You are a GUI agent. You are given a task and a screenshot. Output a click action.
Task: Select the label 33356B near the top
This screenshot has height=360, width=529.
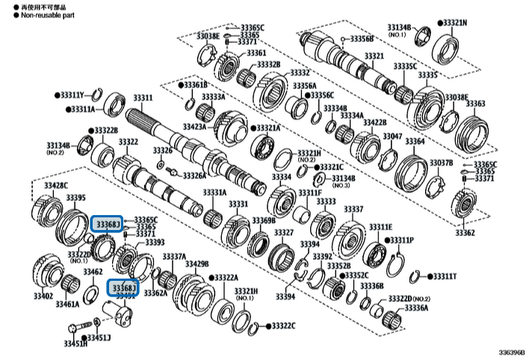(x=362, y=39)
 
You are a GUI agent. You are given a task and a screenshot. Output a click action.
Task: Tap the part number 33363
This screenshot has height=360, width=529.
(x=476, y=104)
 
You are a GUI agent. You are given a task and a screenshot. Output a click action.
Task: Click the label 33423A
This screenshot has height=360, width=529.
(x=194, y=128)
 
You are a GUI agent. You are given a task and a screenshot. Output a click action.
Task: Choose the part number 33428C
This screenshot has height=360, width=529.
(x=55, y=185)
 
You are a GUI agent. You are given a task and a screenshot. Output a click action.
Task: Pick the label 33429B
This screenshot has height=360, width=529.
(x=197, y=264)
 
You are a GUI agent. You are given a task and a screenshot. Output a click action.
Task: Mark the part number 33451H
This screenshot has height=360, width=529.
(x=75, y=344)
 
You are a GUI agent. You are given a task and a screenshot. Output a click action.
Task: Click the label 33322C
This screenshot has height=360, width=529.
(x=283, y=326)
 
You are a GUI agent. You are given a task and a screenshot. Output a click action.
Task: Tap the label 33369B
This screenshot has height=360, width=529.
(x=264, y=220)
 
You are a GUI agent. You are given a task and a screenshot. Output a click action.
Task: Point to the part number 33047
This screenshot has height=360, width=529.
(x=392, y=136)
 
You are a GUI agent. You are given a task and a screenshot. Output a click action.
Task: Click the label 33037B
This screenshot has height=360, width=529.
(x=440, y=163)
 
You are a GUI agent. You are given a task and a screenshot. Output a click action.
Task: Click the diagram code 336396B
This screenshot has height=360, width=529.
(x=512, y=352)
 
